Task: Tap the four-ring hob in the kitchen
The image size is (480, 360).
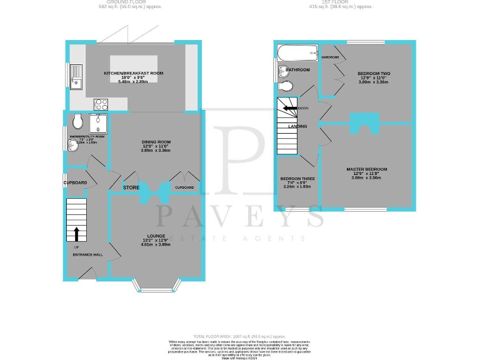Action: pos(101,104)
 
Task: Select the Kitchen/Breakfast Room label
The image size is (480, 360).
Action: pos(134,73)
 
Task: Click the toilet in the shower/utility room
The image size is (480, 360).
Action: pos(77,119)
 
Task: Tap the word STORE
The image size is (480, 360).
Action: pos(131,187)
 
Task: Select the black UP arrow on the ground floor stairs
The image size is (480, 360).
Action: pos(77,234)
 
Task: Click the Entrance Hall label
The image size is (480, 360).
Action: pos(87,255)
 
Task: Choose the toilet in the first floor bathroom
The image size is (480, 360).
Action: pos(286,86)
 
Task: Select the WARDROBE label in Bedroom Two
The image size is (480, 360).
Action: pos(330,57)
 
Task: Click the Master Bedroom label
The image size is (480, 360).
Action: pos(367,169)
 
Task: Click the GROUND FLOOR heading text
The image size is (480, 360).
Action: pos(134,3)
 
